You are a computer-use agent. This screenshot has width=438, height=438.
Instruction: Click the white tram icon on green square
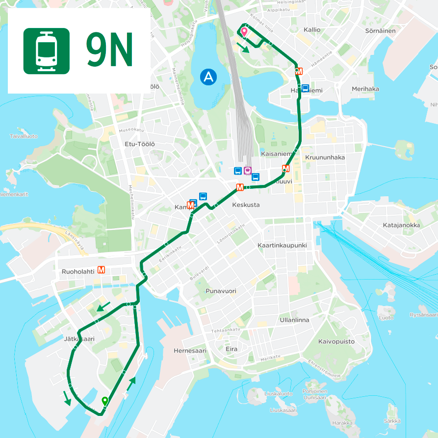tap(46, 51)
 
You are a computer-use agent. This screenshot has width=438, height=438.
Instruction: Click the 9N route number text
tap(109, 51)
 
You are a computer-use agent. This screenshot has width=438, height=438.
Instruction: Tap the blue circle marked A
tap(208, 77)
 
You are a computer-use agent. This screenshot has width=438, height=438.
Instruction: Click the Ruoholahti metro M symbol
tap(102, 269)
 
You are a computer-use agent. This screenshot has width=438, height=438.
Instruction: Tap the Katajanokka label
tap(401, 225)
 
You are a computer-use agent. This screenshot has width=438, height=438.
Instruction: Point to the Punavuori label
tap(221, 291)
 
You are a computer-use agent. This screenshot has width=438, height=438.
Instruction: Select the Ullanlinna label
tap(294, 320)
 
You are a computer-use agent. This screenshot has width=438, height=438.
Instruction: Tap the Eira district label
tap(231, 349)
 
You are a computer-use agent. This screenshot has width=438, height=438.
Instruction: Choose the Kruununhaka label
tap(325, 157)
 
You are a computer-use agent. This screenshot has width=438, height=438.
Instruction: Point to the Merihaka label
tap(365, 89)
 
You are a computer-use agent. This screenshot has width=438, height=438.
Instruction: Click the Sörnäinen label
tap(380, 30)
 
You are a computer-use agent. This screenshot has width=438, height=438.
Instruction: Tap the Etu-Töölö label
tap(140, 144)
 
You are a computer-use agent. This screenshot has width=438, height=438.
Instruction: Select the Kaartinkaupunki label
tap(282, 245)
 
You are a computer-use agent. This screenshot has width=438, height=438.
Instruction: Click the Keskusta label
tap(246, 205)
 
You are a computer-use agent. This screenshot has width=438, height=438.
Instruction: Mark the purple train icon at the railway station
tap(248, 171)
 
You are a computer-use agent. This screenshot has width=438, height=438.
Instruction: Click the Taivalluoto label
tap(23, 136)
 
